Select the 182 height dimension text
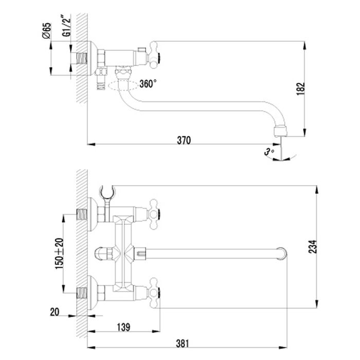tap(302, 88)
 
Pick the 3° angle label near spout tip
tap(266, 152)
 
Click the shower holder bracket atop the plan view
tap(107, 192)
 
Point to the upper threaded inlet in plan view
tap(81, 213)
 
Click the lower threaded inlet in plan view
tap(81, 295)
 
